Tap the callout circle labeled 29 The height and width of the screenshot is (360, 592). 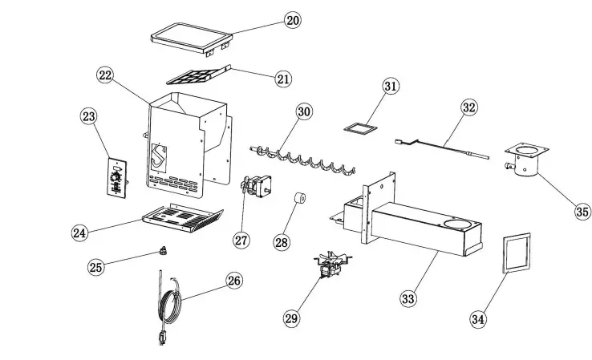[x=291, y=318]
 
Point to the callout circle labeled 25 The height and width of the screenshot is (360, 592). [x=95, y=267]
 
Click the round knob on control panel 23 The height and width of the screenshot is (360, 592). [x=118, y=174]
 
